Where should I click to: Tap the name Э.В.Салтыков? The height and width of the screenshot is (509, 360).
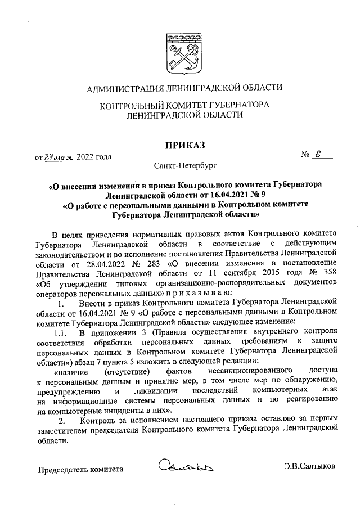click(x=309, y=466)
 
